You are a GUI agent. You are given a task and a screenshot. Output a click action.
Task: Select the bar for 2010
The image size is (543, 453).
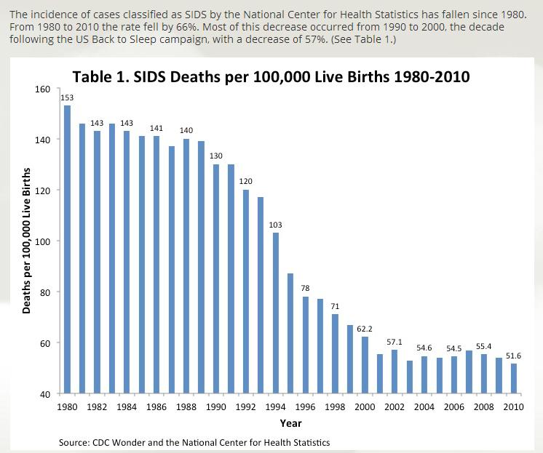pos(514,378)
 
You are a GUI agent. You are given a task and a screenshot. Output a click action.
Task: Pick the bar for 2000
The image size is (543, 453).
pos(365,364)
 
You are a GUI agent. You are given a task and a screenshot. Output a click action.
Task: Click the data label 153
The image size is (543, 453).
pos(67,97)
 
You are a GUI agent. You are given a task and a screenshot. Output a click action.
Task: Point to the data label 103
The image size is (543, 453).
pos(275,225)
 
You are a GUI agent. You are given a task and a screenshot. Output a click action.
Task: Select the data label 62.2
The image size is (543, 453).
pos(365,329)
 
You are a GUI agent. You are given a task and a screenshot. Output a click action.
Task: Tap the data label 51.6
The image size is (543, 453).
pos(514,356)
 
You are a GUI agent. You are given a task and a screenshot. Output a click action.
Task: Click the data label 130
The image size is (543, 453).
pos(216,156)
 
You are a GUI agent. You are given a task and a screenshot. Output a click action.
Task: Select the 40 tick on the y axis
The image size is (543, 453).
pos(45,394)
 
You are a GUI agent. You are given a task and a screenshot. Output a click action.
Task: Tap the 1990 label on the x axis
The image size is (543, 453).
pos(216,407)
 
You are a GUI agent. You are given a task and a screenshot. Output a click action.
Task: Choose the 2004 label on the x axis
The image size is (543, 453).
pos(424,407)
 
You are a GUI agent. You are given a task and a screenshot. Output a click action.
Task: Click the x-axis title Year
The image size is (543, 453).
pos(290,423)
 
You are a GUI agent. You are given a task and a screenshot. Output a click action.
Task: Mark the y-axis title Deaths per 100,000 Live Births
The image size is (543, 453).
pos(27,240)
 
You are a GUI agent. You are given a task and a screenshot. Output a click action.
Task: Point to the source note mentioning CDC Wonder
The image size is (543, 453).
pos(194,442)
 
